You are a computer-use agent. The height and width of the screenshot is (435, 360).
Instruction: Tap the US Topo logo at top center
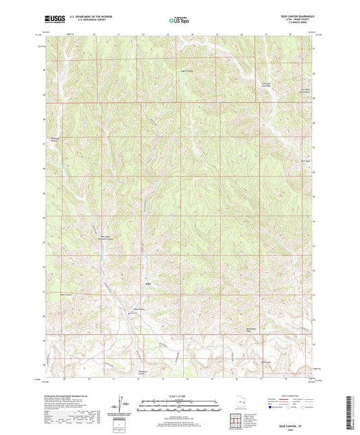(x=179, y=21)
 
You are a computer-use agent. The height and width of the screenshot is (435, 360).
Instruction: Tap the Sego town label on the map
(x=148, y=285)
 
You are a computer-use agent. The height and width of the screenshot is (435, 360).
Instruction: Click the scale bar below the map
(x=179, y=407)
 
